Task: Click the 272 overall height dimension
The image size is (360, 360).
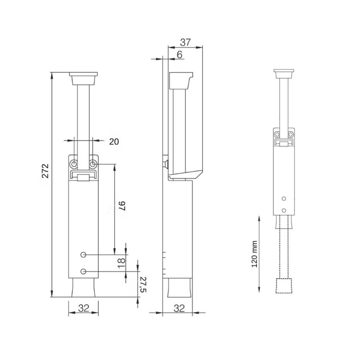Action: coord(45,171)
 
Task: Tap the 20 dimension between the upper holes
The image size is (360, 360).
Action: coord(114,141)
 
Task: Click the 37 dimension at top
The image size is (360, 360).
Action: coord(185,42)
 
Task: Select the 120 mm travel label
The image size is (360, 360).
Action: coord(255,254)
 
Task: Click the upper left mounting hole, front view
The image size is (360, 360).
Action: coord(74,164)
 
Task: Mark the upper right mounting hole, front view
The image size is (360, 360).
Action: coord(93,164)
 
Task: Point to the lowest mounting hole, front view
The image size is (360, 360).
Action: coord(84,271)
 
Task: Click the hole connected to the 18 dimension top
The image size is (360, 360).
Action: coord(84,255)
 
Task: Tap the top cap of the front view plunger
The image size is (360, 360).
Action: coord(84,78)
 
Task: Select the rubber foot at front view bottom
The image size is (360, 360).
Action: coord(84,288)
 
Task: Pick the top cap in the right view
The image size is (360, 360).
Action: coord(284,74)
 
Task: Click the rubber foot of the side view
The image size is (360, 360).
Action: coord(179,288)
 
